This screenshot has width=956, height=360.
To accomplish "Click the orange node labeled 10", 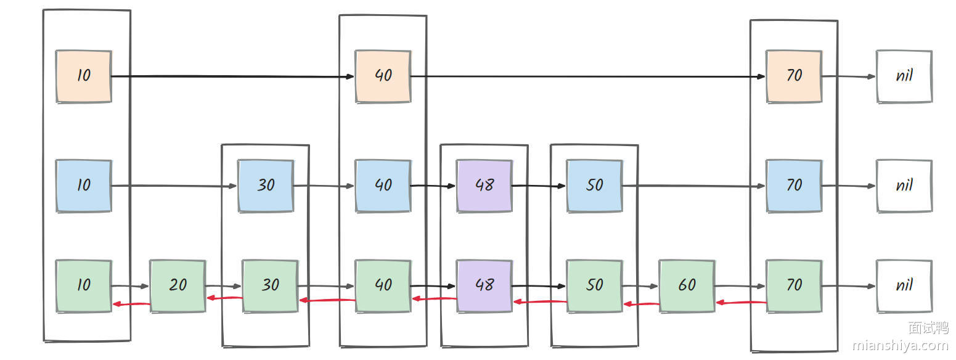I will click(x=83, y=76).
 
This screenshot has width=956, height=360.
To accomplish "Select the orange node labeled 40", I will click(x=383, y=76).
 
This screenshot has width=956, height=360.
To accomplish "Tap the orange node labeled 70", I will click(x=794, y=76).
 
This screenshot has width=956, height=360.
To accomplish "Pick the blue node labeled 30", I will click(x=266, y=186).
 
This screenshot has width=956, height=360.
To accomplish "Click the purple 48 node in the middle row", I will click(x=484, y=186).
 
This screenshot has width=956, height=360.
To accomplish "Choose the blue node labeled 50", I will click(x=594, y=186).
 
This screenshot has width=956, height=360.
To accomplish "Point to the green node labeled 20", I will click(x=178, y=285).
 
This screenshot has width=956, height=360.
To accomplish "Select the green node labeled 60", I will click(x=687, y=285).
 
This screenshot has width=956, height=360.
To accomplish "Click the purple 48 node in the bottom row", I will click(x=484, y=285).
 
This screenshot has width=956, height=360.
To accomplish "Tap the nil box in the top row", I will click(x=904, y=76).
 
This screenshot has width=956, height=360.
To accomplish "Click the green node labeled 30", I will click(x=270, y=285).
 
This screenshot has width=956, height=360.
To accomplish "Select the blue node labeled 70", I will click(x=794, y=186).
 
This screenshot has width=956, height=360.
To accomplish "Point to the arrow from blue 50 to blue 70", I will click(x=694, y=186).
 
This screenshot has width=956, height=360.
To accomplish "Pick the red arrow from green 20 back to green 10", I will click(x=131, y=303).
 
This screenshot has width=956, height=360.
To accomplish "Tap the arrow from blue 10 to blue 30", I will click(x=174, y=186).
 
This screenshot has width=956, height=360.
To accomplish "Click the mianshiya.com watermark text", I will click(x=900, y=346).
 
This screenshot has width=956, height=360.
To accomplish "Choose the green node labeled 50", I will click(x=594, y=285).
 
